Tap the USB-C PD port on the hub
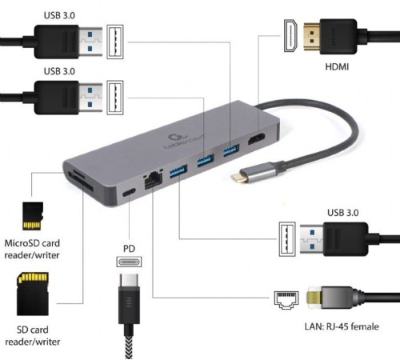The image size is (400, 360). click(x=128, y=193)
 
